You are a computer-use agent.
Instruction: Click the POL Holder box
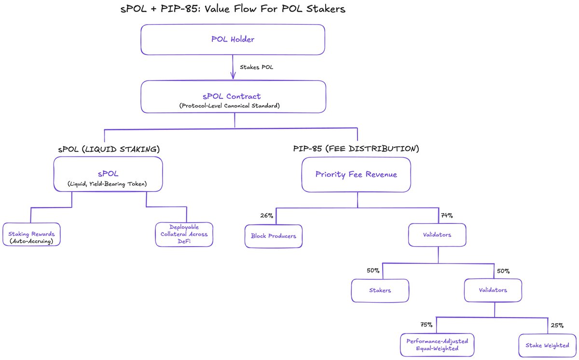point(233,40)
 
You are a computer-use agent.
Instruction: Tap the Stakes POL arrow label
point(256,67)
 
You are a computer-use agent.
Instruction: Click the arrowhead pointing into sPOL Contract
point(233,76)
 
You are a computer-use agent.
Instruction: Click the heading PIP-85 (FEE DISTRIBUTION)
point(356,149)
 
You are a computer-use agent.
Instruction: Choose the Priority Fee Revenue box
point(356,175)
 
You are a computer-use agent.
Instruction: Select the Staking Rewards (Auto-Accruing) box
point(31,235)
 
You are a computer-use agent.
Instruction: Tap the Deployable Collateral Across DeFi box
point(184,234)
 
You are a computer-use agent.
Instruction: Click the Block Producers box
point(274,236)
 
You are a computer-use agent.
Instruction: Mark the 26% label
point(267,216)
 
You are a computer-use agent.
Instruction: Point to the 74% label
point(446,216)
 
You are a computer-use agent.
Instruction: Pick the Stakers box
point(380,291)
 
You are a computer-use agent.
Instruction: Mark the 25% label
point(557,325)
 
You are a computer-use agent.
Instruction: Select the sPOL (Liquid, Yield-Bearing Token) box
point(108,176)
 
